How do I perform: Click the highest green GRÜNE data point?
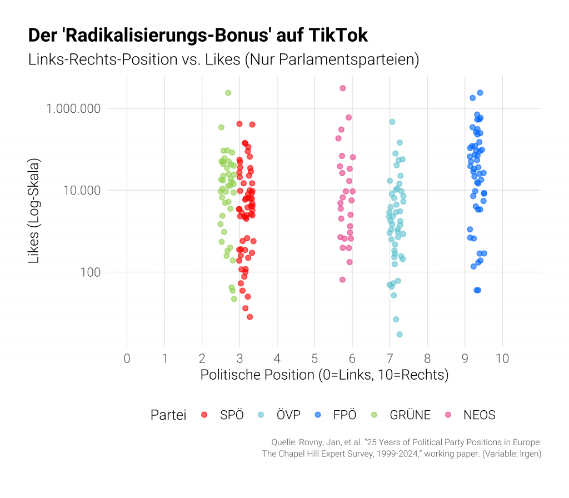point(228,93)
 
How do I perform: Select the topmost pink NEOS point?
point(343,88)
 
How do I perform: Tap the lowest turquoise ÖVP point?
point(400,334)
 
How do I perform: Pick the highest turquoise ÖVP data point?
point(392,122)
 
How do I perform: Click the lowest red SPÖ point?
point(250,317)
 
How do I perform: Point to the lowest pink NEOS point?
point(342,280)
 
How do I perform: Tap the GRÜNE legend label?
point(410,415)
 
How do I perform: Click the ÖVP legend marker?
point(262,415)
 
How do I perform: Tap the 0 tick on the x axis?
point(127,358)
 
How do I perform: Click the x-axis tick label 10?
point(502,358)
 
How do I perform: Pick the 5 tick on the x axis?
point(315,358)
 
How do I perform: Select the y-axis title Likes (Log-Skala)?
point(34,211)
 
